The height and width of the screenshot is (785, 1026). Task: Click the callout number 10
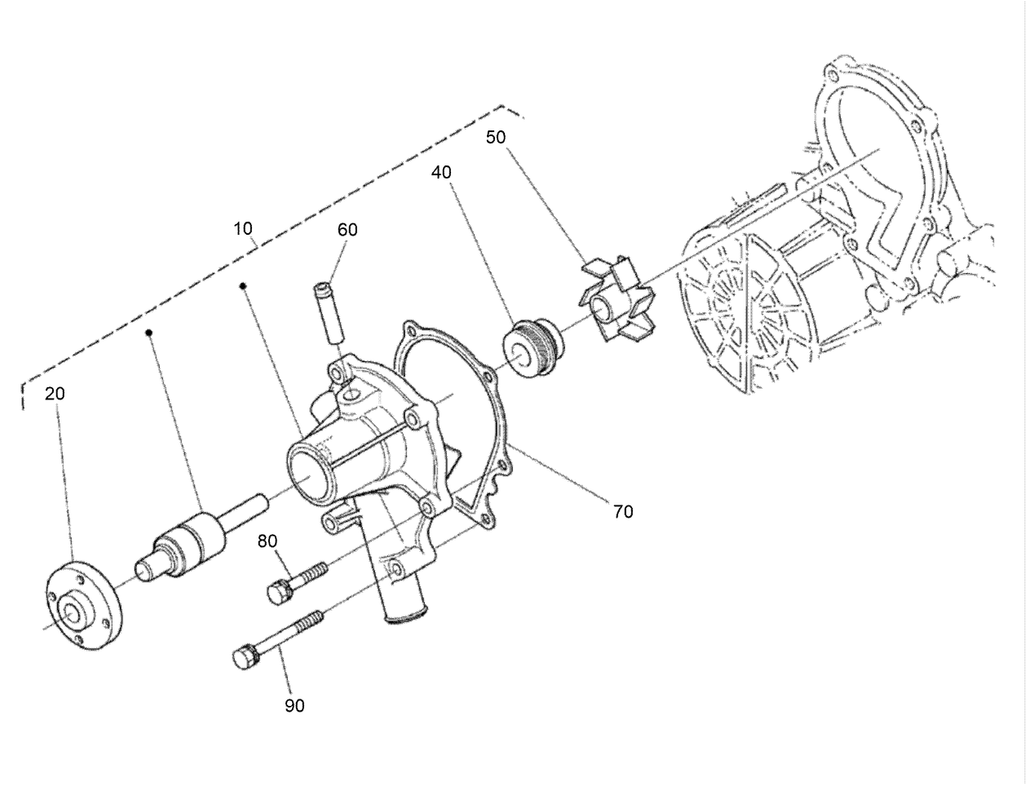243,228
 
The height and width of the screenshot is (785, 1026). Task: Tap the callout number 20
55,394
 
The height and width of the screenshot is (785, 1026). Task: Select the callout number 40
441,173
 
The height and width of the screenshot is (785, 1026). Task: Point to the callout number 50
496,137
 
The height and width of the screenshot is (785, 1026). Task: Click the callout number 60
347,230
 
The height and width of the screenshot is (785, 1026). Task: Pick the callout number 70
623,512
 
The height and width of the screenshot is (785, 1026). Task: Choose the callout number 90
294,706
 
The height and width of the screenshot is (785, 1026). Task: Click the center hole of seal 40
519,351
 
